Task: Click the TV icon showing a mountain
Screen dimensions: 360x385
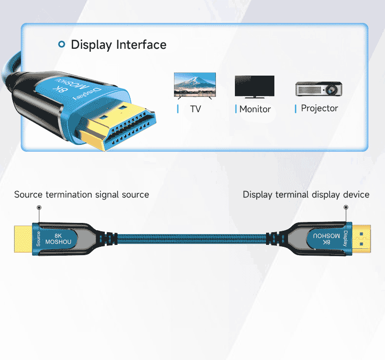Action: (195, 86)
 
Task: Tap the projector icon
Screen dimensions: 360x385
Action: (319, 88)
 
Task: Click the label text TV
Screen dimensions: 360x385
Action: (195, 109)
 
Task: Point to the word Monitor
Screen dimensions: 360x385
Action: (255, 109)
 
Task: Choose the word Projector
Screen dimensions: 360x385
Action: (319, 108)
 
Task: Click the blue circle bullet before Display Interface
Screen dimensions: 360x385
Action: (61, 45)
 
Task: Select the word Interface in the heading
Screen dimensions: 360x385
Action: (141, 45)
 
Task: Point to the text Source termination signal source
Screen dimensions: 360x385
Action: (81, 195)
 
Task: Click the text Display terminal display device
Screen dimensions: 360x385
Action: (306, 195)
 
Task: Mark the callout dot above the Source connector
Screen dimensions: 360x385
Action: (39, 207)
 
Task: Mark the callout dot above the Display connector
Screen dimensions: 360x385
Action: (346, 207)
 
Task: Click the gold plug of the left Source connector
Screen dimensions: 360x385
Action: (23, 239)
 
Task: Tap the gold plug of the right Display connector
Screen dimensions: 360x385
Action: (362, 239)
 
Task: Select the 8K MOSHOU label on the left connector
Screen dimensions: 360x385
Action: (58, 239)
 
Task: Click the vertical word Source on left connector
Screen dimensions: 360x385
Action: (38, 239)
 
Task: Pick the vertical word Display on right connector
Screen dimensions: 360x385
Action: (346, 239)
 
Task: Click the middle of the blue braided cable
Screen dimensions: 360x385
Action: (192, 239)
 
